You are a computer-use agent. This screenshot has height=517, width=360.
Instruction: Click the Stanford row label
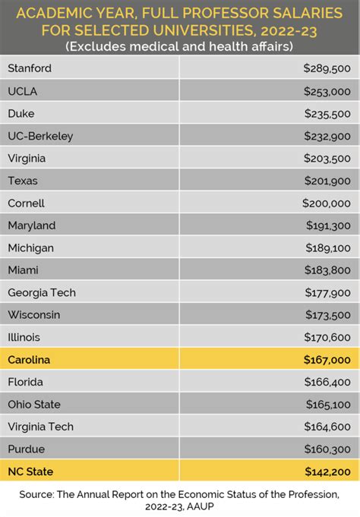[29, 68]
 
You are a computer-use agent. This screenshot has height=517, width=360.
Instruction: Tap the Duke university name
[21, 113]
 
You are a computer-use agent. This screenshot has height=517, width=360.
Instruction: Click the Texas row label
[22, 181]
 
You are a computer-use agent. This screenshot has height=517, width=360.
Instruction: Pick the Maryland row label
[31, 225]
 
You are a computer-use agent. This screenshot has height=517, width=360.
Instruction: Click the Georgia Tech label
[42, 292]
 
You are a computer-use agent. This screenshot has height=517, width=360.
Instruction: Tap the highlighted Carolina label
[30, 360]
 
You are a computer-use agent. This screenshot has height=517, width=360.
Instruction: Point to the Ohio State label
[34, 405]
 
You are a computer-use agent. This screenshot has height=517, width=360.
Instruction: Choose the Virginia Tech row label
[40, 427]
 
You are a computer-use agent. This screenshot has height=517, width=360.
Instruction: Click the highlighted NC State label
[30, 471]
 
